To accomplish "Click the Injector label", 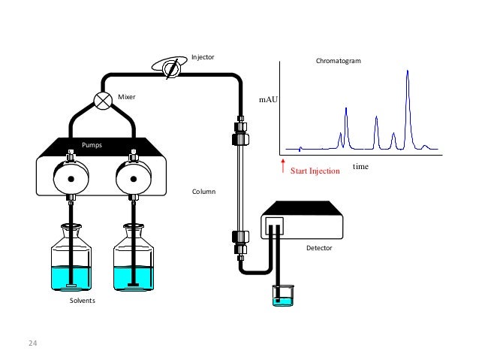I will [203, 56].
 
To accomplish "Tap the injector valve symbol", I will [171, 68].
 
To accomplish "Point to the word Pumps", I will [92, 144].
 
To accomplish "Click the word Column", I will [203, 192].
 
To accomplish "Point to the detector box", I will [303, 221].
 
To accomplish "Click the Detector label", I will [318, 247].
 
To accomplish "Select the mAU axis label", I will [268, 98].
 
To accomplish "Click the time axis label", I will [360, 166].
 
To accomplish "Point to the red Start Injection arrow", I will [283, 163].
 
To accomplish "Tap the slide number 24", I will [32, 343].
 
